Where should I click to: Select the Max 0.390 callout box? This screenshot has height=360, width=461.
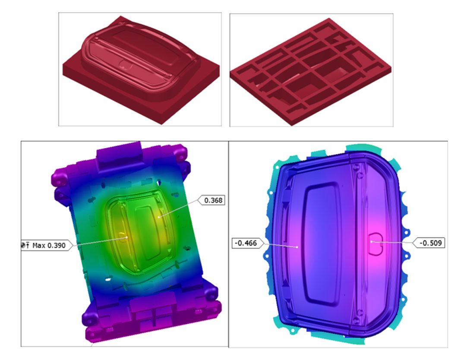click(47, 245)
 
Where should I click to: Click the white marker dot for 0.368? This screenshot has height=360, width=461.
click(159, 217)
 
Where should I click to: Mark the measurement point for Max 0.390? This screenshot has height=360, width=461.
click(127, 237)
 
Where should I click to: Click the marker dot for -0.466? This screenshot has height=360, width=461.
click(297, 247)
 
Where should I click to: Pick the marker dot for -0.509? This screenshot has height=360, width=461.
click(371, 241)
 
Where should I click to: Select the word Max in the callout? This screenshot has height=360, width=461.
click(38, 245)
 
